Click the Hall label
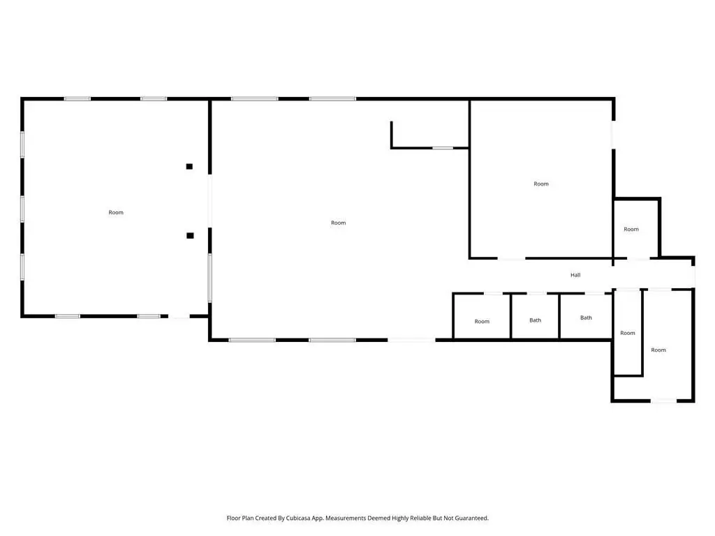[575, 275]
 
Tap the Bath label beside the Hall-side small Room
[536, 320]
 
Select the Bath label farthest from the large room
[586, 318]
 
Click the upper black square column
[189, 166]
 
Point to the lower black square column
[190, 236]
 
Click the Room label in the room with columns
[116, 212]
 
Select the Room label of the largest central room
[339, 223]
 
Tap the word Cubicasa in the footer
[297, 519]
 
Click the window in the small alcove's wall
[443, 148]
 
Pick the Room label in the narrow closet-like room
[628, 333]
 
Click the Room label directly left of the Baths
[482, 321]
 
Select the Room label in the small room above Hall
[631, 229]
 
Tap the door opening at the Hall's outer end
[693, 276]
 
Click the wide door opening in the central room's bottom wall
[411, 340]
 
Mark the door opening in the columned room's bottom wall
[179, 316]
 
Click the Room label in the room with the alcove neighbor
[541, 184]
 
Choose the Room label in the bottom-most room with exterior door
[658, 350]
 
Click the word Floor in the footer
[233, 519]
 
